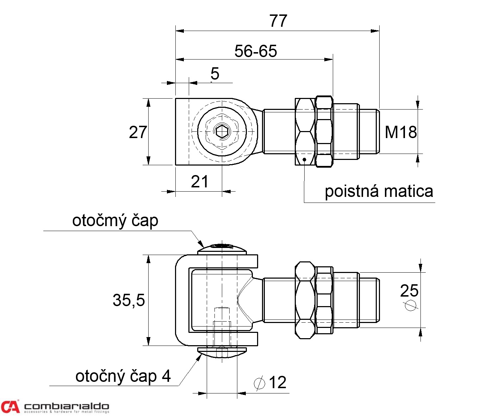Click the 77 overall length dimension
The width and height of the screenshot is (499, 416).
click(278, 21)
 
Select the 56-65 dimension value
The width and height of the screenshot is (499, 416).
click(256, 51)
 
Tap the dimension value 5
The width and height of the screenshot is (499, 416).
click(215, 74)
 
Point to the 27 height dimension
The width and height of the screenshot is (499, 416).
click(138, 132)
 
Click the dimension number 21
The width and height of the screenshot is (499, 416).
click(199, 182)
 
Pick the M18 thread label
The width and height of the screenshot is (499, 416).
click(401, 132)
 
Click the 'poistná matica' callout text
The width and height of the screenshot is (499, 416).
click(379, 191)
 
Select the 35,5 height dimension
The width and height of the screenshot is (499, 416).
click(129, 300)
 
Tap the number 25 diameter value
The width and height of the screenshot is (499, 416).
click(409, 291)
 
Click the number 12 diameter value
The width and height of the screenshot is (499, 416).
click(277, 383)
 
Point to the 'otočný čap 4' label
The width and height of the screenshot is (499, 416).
click(123, 376)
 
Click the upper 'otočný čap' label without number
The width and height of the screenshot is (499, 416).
click(115, 221)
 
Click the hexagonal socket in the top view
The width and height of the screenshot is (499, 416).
click(222, 131)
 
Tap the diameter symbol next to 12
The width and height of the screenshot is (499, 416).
click(260, 383)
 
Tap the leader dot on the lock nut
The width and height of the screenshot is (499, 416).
click(304, 159)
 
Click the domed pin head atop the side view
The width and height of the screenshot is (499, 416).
click(222, 249)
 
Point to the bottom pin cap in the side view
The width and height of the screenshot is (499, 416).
click(222, 352)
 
